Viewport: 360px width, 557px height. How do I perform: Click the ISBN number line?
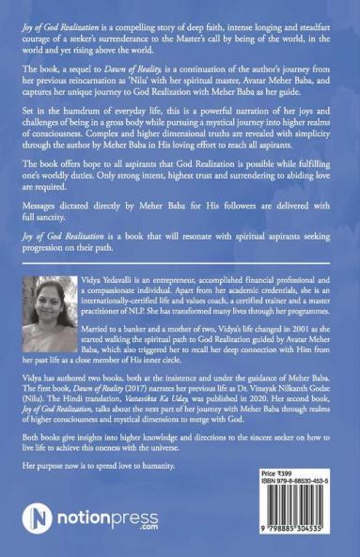coord(297,487)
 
